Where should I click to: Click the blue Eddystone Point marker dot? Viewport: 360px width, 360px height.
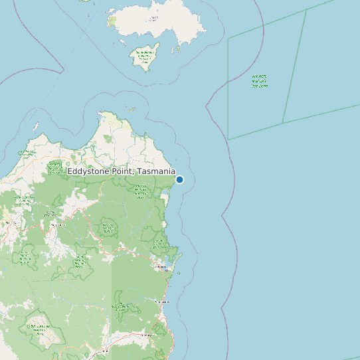coord(179,179)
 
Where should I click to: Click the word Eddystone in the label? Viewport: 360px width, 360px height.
coord(89,172)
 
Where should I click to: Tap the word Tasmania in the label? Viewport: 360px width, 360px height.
coord(157,172)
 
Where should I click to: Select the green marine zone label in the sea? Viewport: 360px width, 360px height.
coord(260,81)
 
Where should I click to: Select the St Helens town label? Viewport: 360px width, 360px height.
coord(161,267)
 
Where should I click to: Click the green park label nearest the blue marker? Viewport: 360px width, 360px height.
coord(140,193)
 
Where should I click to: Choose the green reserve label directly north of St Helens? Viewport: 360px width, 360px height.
coord(159,244)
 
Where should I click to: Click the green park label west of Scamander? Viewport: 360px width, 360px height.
coord(120,306)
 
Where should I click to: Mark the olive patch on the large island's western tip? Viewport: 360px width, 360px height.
coord(112,21)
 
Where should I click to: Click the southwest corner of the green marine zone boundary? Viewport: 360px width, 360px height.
coord(228,139)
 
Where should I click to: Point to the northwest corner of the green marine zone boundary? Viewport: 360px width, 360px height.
coord(228,39)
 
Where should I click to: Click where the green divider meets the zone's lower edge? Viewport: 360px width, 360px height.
coord(283,123)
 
